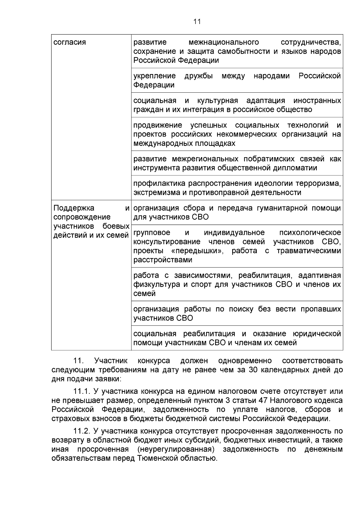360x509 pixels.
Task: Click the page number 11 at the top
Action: click(x=197, y=22)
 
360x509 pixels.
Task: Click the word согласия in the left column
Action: click(x=70, y=42)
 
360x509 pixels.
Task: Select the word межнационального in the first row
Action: click(x=224, y=42)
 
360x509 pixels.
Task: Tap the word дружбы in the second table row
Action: click(x=199, y=76)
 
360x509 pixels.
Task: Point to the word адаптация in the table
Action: click(x=265, y=100)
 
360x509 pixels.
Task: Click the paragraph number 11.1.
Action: click(x=82, y=391)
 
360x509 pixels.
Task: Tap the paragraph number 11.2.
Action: click(x=82, y=431)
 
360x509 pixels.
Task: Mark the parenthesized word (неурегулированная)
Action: click(x=176, y=449)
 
